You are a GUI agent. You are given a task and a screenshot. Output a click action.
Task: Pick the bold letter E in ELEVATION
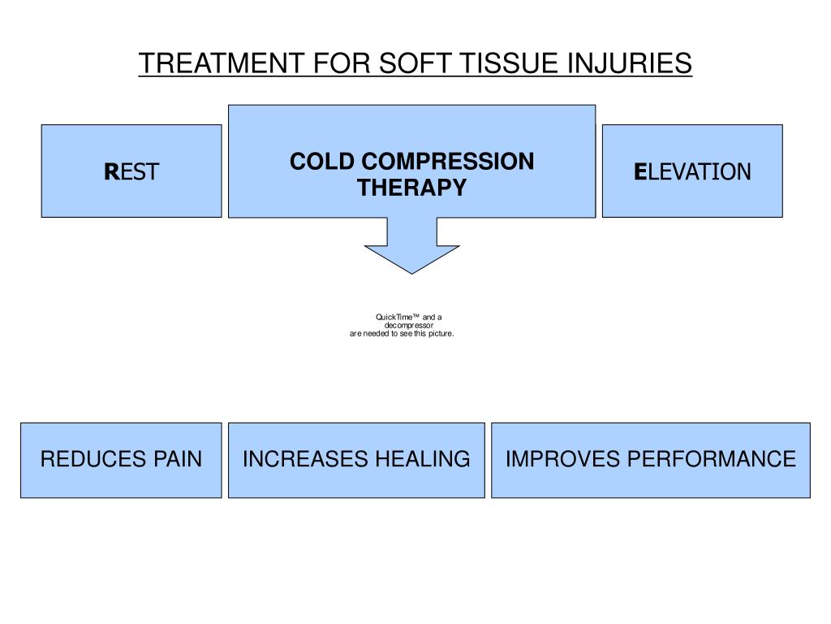(640, 171)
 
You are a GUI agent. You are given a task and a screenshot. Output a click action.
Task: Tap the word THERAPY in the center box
(412, 188)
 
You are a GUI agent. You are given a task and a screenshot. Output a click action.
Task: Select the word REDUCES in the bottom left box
(80, 460)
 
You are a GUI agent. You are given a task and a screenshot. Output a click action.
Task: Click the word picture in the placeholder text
(439, 333)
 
